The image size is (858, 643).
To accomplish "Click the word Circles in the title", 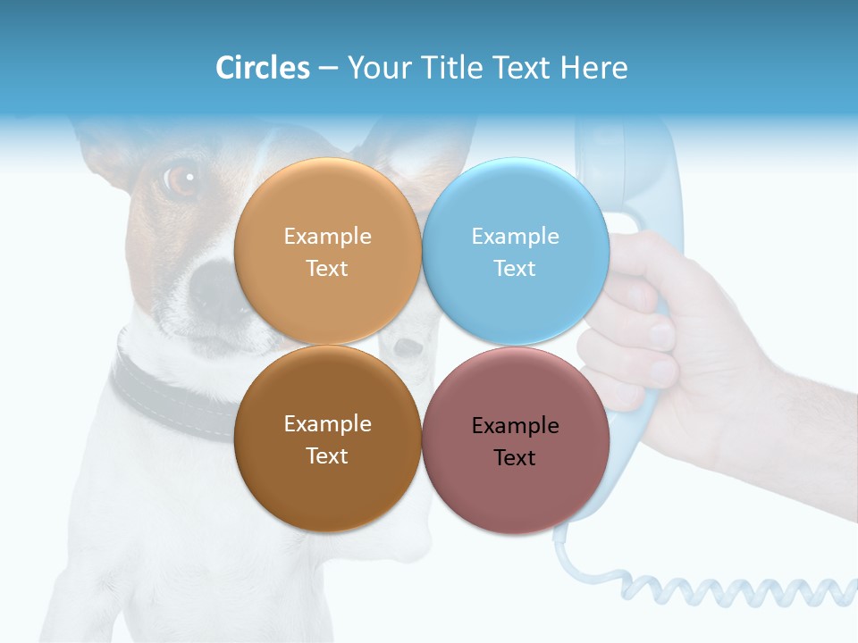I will coord(263,68).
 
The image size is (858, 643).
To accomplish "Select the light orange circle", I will coord(327,205).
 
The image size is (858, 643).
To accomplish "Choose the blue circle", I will coord(516,205).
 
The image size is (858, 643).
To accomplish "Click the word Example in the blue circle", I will coord(515,237).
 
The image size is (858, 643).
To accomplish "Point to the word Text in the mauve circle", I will coord(515,458).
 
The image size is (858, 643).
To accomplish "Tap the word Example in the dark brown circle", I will coord(327,424).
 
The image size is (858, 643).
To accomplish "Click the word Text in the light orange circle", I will coord(327,269).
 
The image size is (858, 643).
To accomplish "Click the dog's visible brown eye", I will coord(182,180).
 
